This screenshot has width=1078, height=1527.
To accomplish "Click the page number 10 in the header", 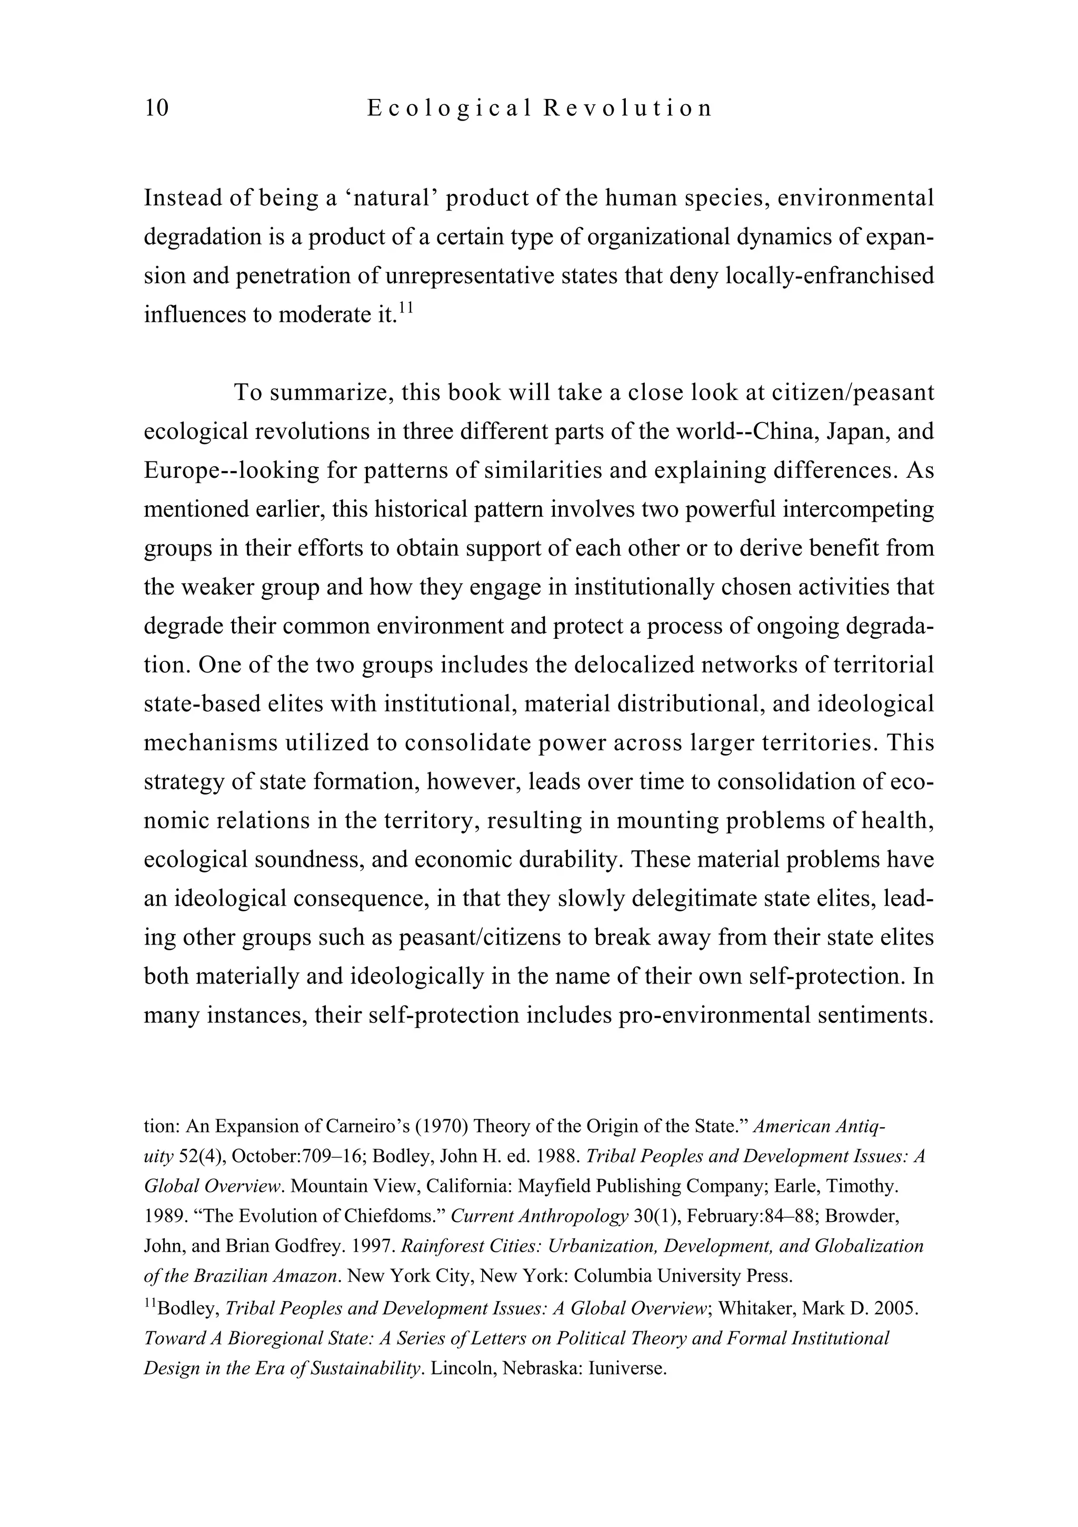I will click(x=157, y=108).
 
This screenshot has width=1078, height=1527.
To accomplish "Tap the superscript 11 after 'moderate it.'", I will click(x=406, y=307).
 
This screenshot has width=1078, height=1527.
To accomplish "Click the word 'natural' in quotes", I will click(x=391, y=198).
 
